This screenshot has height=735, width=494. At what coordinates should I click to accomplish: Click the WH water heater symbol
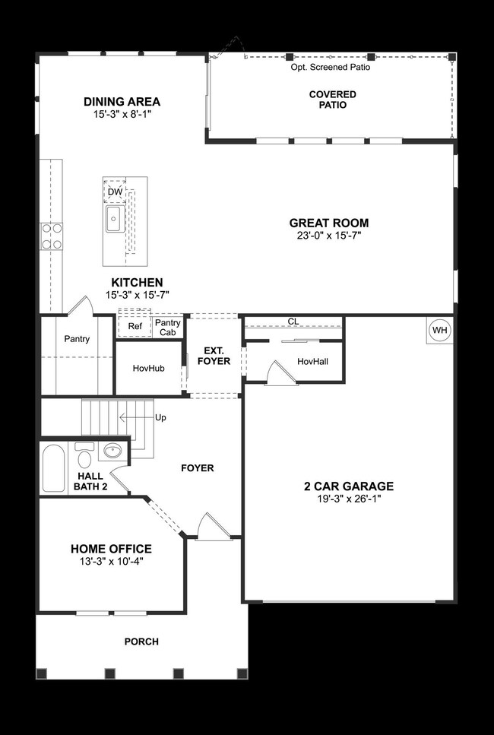439,330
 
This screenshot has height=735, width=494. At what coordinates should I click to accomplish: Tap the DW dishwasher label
115,192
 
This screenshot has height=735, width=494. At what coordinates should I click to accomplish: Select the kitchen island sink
116,220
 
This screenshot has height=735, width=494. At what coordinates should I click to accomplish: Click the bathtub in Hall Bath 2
54,468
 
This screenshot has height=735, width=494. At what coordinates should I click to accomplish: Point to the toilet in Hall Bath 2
84,458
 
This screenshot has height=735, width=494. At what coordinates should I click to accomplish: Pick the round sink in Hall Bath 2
112,451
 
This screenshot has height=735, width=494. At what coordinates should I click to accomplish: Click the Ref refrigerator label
135,327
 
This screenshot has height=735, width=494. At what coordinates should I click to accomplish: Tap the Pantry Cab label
168,327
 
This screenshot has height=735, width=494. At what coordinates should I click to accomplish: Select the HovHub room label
148,368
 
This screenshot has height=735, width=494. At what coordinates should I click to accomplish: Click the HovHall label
312,362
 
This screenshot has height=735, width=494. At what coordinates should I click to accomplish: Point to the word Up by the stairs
160,418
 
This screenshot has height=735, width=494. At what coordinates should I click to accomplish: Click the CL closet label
293,322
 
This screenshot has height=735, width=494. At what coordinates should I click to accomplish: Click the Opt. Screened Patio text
330,67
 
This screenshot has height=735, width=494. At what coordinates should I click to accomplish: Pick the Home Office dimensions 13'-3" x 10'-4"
111,563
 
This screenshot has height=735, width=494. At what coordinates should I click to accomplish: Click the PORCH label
142,642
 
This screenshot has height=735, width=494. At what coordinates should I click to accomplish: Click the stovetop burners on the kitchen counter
52,236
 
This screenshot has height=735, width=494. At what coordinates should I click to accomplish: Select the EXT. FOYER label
213,356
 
